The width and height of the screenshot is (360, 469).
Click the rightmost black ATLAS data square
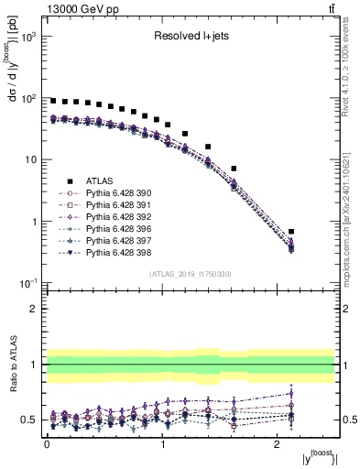coord(317,232)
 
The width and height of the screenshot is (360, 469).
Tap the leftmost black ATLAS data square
coord(53,101)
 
